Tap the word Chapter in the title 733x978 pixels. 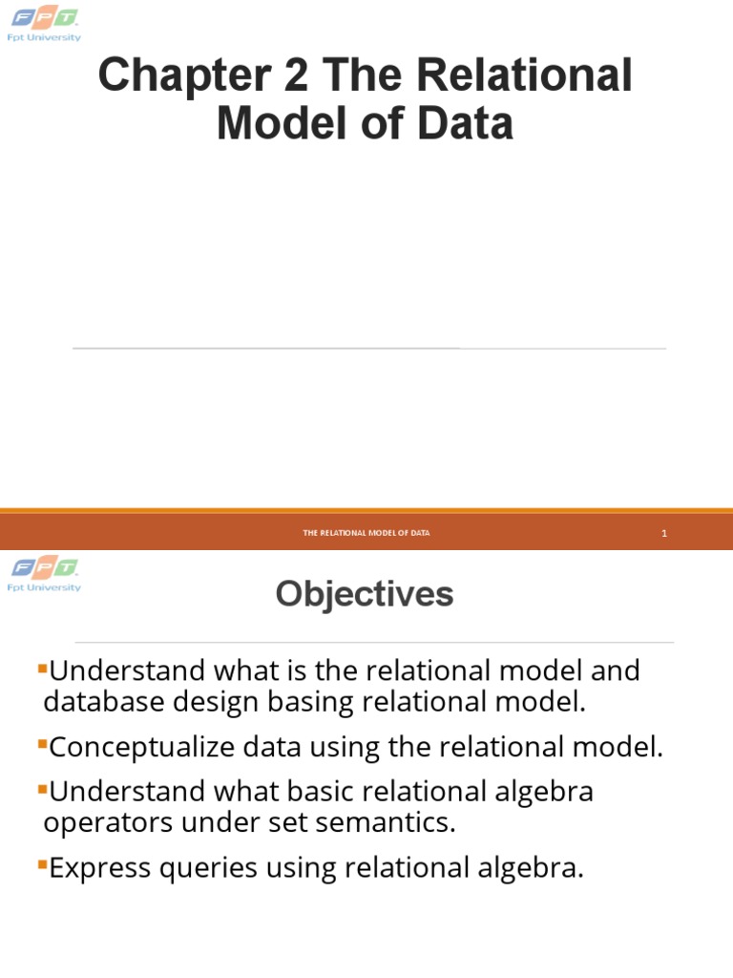tap(180, 75)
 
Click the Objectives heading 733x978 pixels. tap(365, 595)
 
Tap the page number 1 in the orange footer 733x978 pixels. tap(663, 533)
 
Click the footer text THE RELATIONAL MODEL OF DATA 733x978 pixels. tap(366, 533)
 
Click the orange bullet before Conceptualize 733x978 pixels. tap(42, 742)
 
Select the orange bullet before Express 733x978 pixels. tap(42, 863)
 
